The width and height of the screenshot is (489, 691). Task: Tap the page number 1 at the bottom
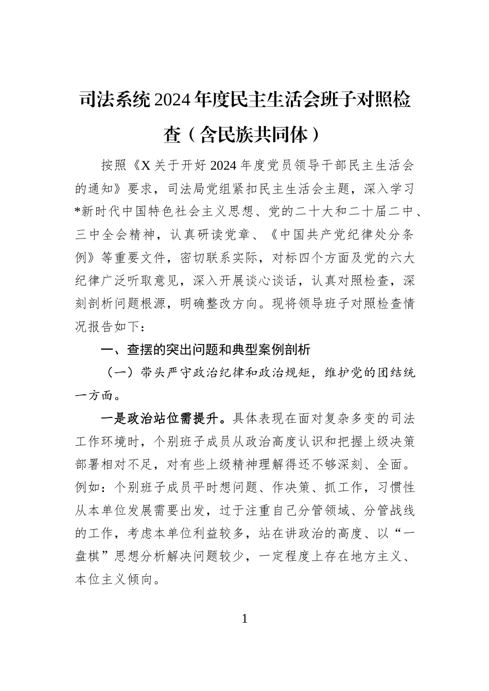(x=244, y=619)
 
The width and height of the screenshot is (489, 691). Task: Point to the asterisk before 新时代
(x=78, y=212)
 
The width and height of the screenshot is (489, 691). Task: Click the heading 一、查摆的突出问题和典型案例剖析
(x=205, y=350)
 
